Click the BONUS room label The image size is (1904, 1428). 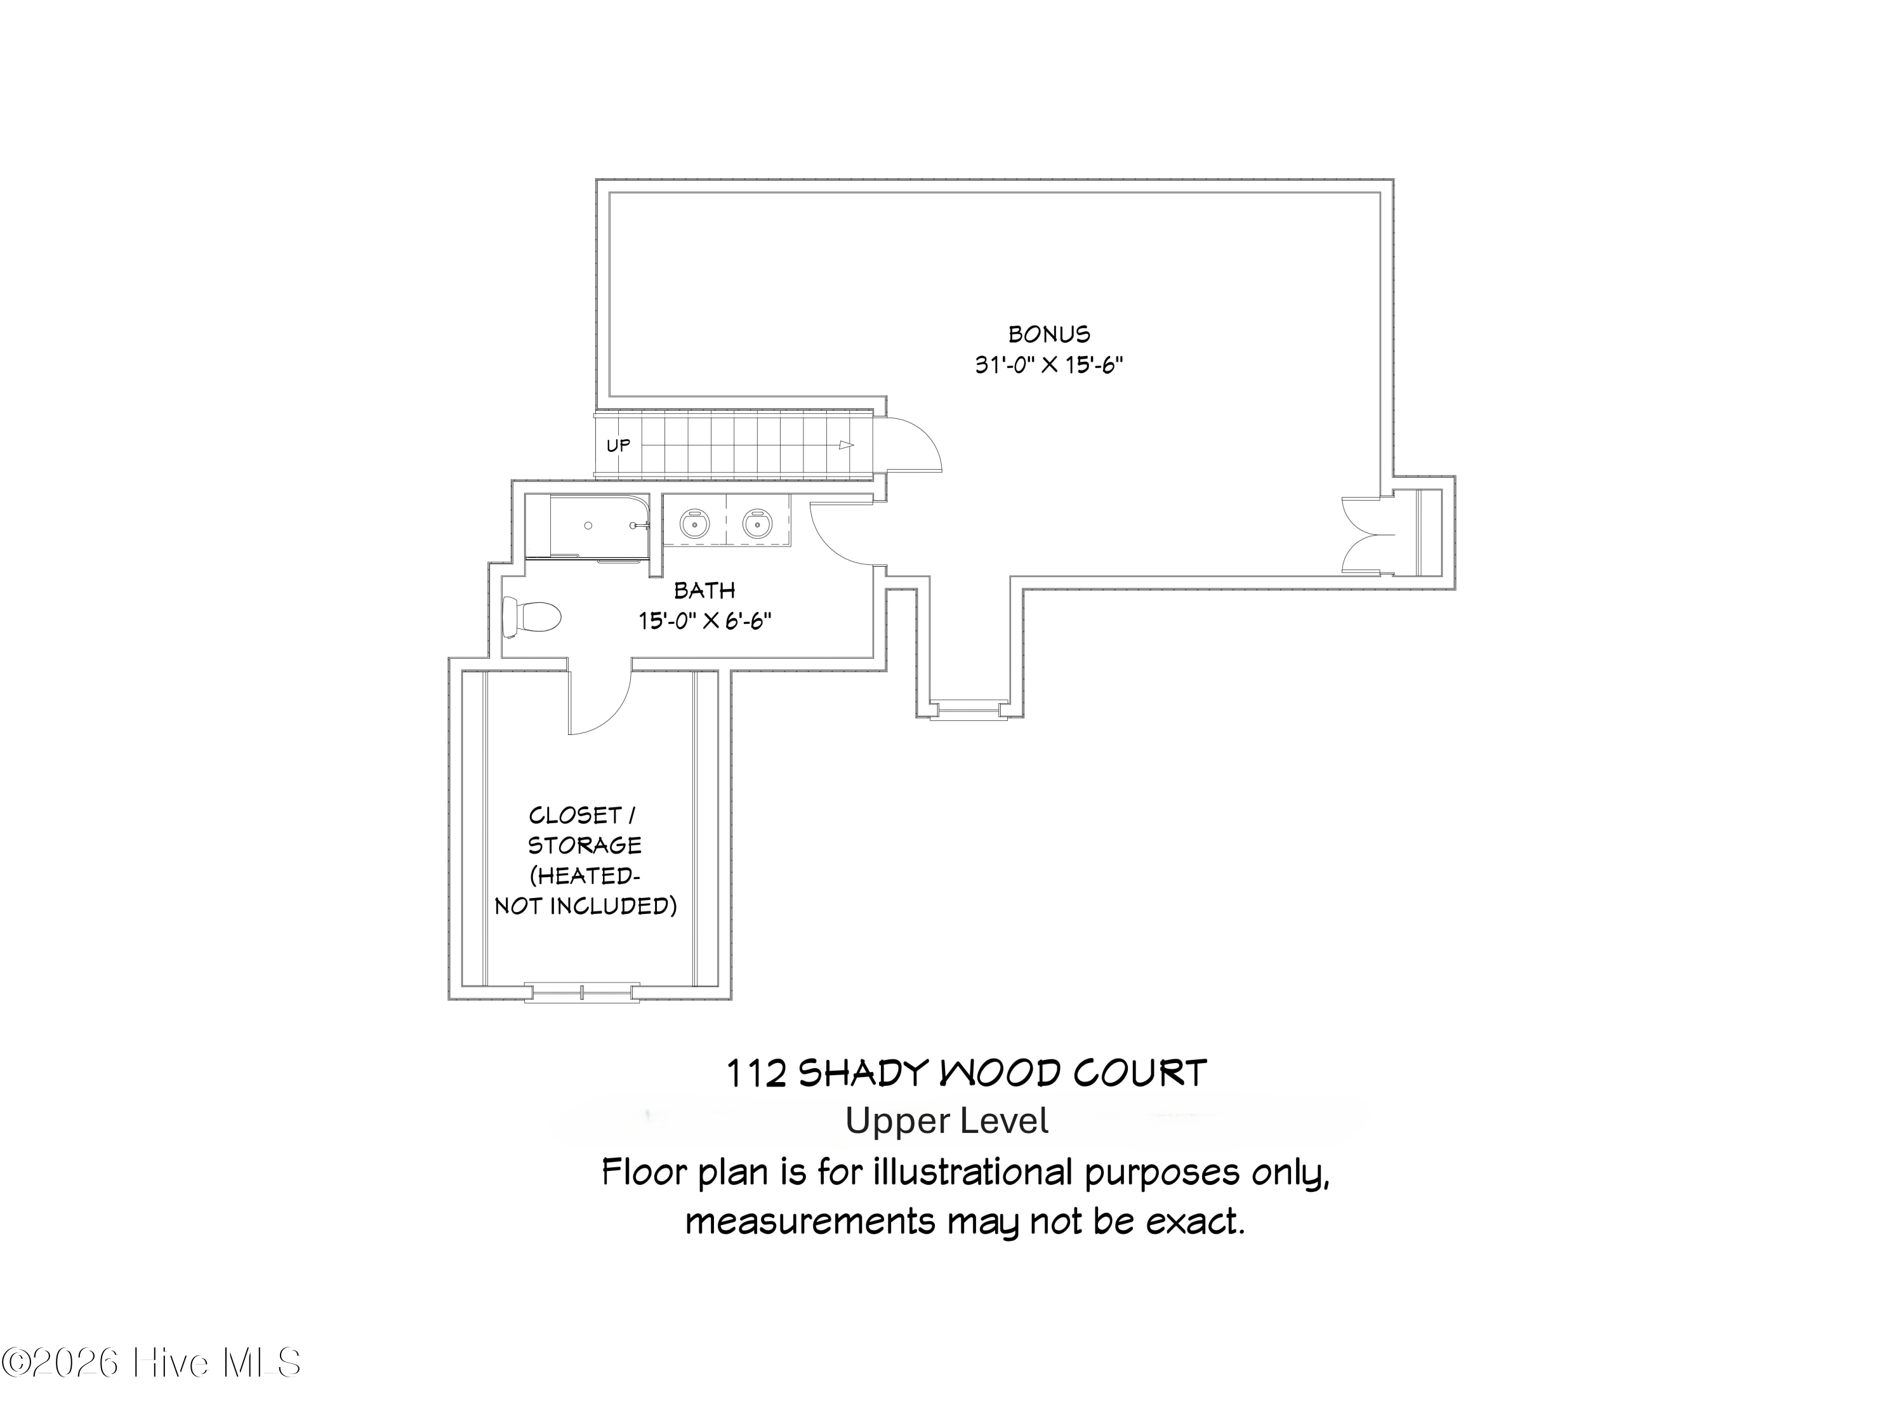pos(1048,334)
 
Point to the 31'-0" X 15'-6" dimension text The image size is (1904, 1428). pos(1048,365)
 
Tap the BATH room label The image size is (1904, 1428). pos(704,590)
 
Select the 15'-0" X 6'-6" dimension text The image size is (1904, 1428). pos(704,621)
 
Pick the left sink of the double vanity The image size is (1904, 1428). pos(694,522)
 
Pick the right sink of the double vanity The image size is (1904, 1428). pos(757,522)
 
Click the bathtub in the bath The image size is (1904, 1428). pos(599,526)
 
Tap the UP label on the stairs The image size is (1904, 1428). pos(618,445)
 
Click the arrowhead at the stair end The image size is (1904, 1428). pos(846,445)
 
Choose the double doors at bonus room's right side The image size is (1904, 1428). pos(1368,534)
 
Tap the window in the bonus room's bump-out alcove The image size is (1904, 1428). pos(969,710)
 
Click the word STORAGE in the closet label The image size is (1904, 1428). pos(585,845)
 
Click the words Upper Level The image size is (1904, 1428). pos(946,1121)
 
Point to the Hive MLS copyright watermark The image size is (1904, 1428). pos(152,1363)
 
